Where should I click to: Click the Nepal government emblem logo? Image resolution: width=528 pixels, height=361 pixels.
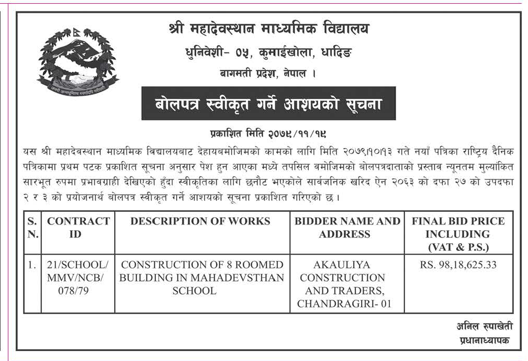pyautogui.click(x=77, y=62)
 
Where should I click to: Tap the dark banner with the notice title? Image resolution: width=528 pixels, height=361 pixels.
pyautogui.click(x=268, y=104)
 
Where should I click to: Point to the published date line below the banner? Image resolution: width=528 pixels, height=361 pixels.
pyautogui.click(x=268, y=133)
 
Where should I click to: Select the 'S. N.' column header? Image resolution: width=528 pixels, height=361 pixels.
pyautogui.click(x=33, y=228)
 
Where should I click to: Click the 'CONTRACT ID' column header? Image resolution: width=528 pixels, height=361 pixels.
pyautogui.click(x=78, y=228)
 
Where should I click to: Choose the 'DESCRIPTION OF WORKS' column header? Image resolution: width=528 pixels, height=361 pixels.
pyautogui.click(x=201, y=221)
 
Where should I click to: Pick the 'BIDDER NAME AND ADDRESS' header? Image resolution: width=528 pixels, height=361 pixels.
pyautogui.click(x=347, y=228)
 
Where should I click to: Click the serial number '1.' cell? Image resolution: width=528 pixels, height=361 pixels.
pyautogui.click(x=32, y=265)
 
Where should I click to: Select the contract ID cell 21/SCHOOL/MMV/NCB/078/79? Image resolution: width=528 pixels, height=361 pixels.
pyautogui.click(x=78, y=278)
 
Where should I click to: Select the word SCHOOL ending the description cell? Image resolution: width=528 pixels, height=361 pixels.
pyautogui.click(x=194, y=291)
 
